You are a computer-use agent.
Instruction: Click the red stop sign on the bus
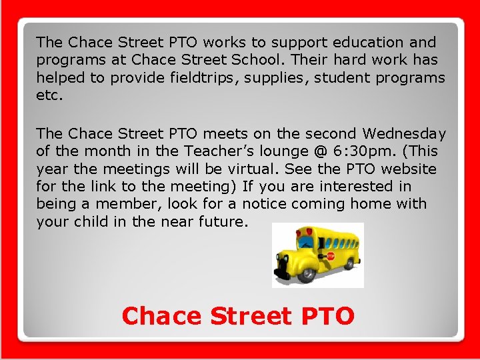[330, 255]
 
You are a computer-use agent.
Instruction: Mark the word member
[127, 203]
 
